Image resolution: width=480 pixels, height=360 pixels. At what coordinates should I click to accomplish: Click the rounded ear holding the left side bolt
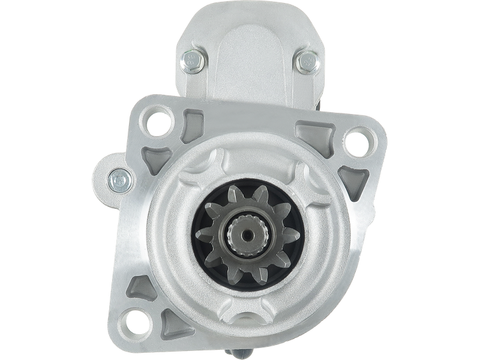tap(108, 174)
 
